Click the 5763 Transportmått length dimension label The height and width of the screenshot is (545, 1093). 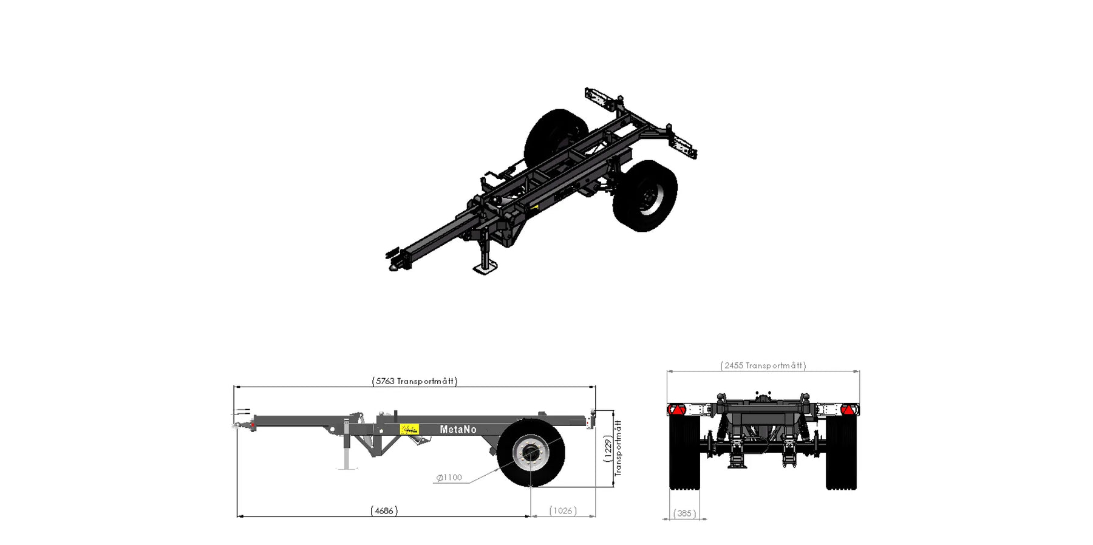pos(415,381)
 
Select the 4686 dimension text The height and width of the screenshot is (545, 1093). pos(384,511)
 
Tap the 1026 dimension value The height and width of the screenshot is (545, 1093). pos(563,511)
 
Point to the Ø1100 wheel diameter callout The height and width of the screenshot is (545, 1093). pos(449,478)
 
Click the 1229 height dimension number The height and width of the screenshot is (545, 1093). pos(608,449)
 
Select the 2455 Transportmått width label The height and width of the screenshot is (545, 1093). pos(763,365)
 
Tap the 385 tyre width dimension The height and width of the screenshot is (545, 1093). pos(684,513)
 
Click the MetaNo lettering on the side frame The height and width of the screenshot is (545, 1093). pos(458,430)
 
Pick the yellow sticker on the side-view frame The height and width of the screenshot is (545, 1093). pos(409,429)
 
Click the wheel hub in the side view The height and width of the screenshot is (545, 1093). pos(531,453)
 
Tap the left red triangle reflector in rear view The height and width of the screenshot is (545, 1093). pos(675,410)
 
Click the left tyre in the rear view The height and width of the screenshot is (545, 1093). pos(684,452)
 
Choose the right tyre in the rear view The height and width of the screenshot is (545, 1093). pos(841,452)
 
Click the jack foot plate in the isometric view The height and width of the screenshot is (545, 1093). pos(485,267)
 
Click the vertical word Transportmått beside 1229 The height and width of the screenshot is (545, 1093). pos(618,449)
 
